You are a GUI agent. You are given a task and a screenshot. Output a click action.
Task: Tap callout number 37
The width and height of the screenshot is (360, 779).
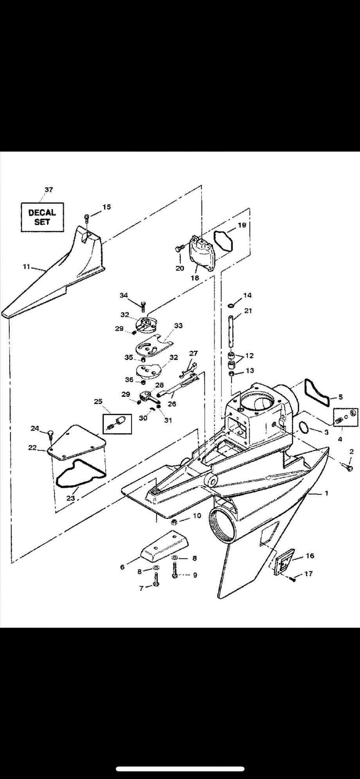[49, 190]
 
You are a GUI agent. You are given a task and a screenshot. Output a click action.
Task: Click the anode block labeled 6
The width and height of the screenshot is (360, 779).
[164, 546]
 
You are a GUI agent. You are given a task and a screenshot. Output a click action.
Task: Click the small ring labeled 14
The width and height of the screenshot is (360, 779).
[232, 305]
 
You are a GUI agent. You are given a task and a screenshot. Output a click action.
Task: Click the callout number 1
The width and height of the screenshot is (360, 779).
[326, 493]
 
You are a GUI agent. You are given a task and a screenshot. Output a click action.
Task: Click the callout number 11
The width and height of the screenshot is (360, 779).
[27, 267]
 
